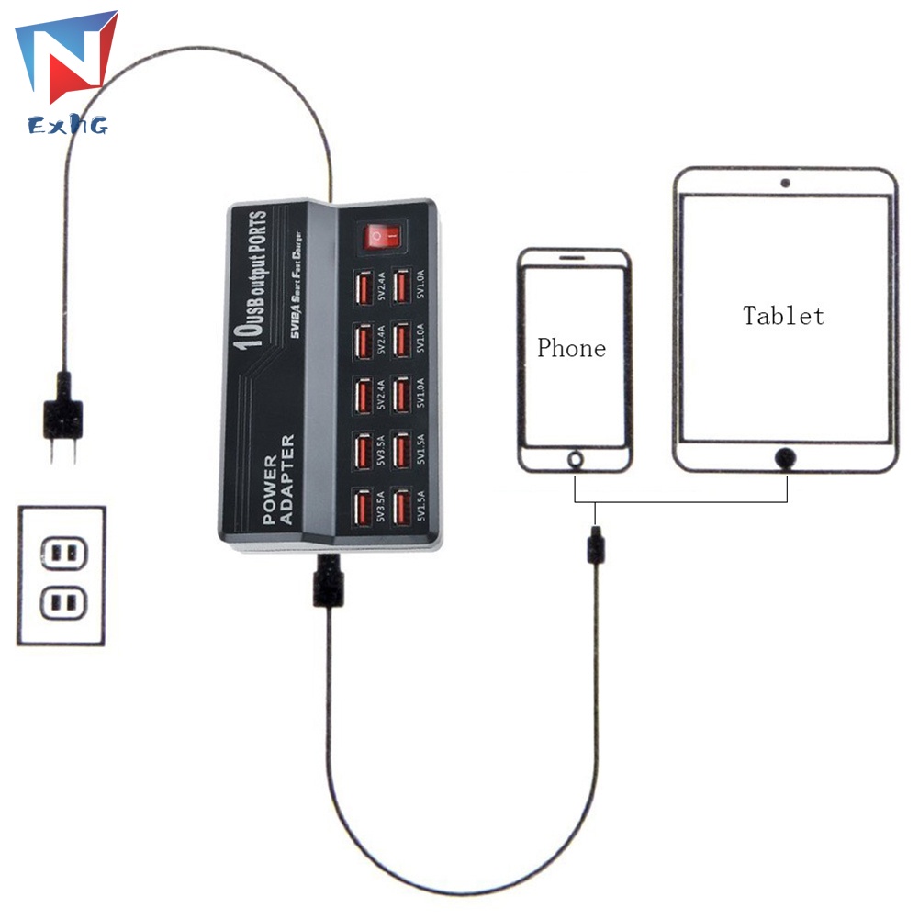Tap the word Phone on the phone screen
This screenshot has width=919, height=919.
(571, 348)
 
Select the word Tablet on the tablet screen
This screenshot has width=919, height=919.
(783, 316)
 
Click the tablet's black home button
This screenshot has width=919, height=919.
(785, 455)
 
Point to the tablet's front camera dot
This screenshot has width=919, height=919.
(785, 183)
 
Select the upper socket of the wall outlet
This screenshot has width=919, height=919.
(62, 554)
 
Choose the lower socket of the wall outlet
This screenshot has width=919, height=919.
(62, 604)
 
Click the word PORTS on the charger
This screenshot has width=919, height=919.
(257, 235)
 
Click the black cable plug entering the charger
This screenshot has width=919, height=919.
(326, 579)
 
